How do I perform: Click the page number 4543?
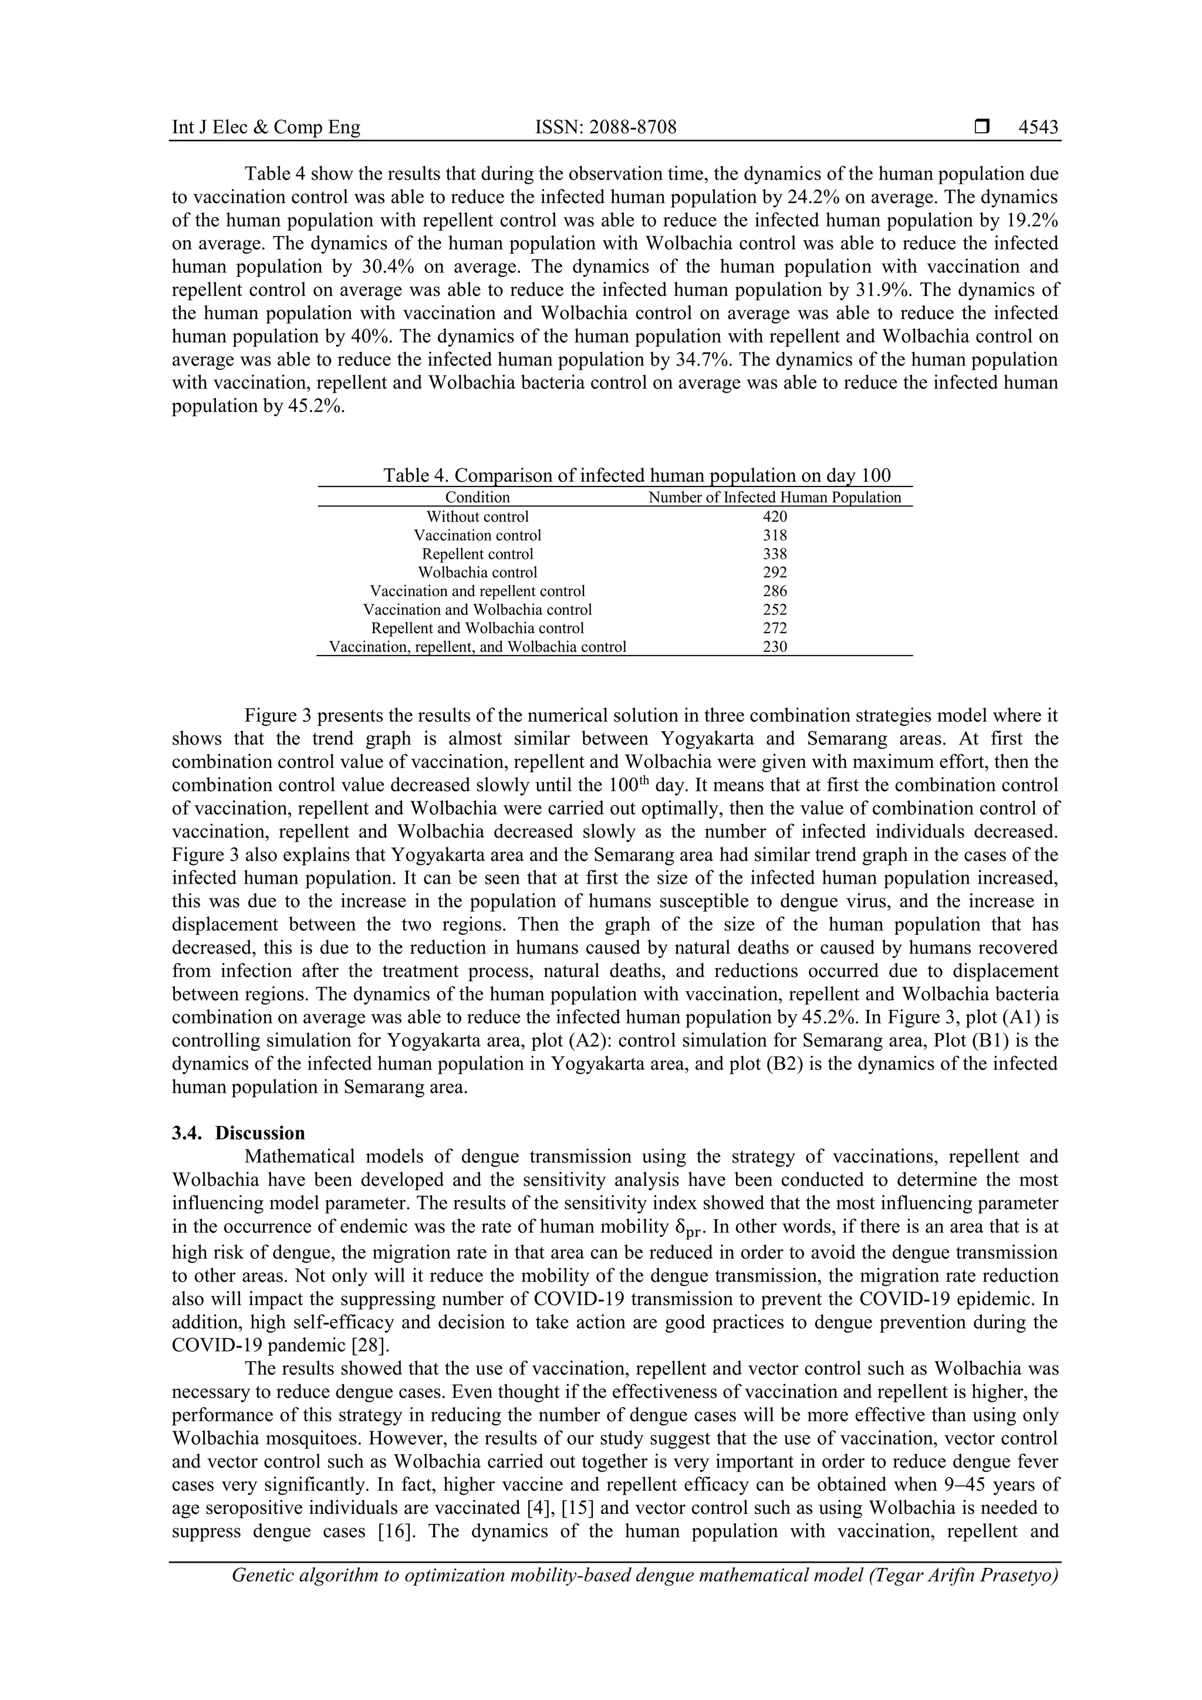pyautogui.click(x=1038, y=127)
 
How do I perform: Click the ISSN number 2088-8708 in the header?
pyautogui.click(x=605, y=127)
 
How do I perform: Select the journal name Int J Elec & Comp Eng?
pyautogui.click(x=266, y=127)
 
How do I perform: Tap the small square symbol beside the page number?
pyautogui.click(x=982, y=127)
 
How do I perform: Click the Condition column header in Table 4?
pyautogui.click(x=477, y=498)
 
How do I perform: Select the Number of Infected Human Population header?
pyautogui.click(x=775, y=498)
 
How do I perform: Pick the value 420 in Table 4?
pyautogui.click(x=775, y=517)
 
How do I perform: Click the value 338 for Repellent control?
pyautogui.click(x=775, y=554)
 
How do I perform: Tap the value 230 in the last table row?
pyautogui.click(x=775, y=647)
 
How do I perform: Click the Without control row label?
pyautogui.click(x=477, y=517)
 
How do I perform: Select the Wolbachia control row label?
pyautogui.click(x=477, y=572)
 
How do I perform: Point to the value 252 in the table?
pyautogui.click(x=775, y=609)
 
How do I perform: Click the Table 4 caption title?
pyautogui.click(x=637, y=475)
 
